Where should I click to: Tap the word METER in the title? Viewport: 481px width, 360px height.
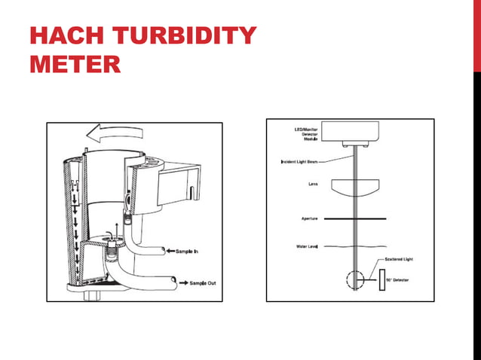pos(75,63)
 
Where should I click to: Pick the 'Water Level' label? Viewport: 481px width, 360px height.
pos(305,246)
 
